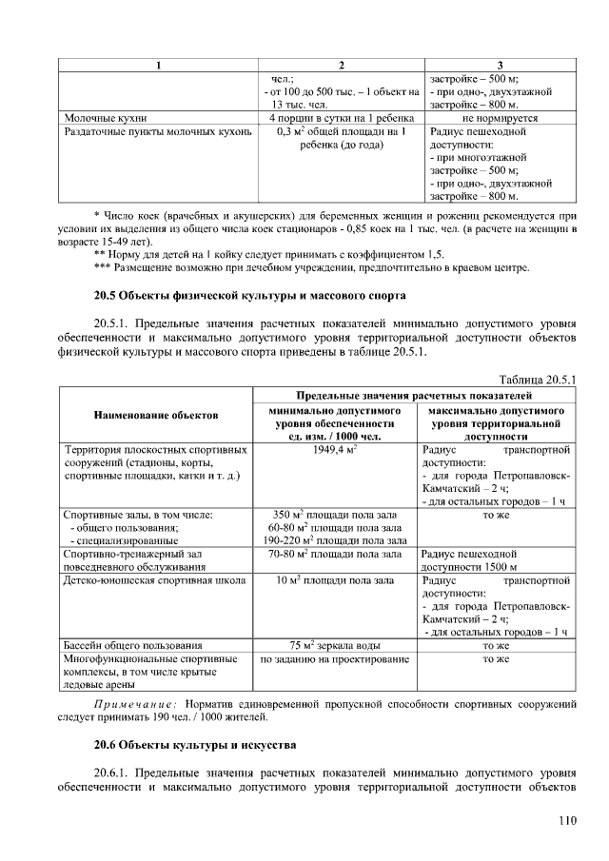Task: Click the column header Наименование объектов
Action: pyautogui.click(x=156, y=416)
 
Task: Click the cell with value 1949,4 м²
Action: pyautogui.click(x=334, y=448)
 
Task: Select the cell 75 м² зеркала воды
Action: pyautogui.click(x=334, y=644)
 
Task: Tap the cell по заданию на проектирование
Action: pyautogui.click(x=334, y=658)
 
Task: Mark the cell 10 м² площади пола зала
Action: pyautogui.click(x=334, y=578)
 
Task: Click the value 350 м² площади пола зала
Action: pyautogui.click(x=334, y=515)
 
